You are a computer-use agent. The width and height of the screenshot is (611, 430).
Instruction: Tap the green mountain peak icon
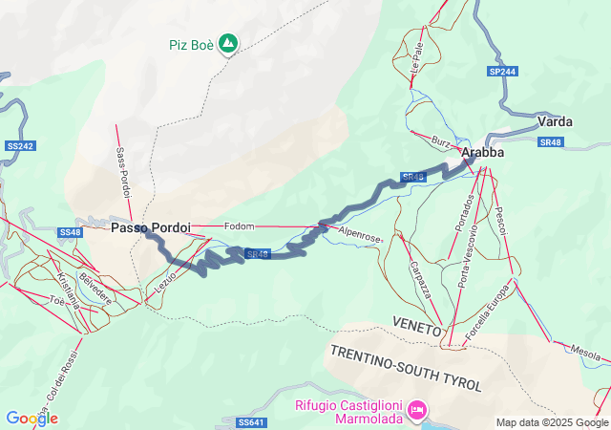tap(228, 43)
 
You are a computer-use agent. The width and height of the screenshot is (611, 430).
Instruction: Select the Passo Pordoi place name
tap(150, 228)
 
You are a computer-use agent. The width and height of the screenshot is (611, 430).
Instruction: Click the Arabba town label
tap(482, 152)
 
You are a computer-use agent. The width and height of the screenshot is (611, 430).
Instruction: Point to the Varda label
tap(555, 122)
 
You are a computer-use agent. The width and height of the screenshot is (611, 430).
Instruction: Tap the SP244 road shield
tap(501, 72)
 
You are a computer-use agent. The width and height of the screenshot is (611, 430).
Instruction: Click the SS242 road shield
tap(19, 146)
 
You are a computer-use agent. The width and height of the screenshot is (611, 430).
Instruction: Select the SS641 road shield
tap(249, 421)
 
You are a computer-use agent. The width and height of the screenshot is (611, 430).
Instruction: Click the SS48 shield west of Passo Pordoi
tap(71, 232)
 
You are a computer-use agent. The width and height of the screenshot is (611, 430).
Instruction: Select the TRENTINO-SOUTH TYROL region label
tap(407, 367)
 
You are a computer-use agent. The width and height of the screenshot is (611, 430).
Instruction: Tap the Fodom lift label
tap(239, 226)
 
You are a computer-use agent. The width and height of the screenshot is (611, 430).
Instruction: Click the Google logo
tap(32, 418)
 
